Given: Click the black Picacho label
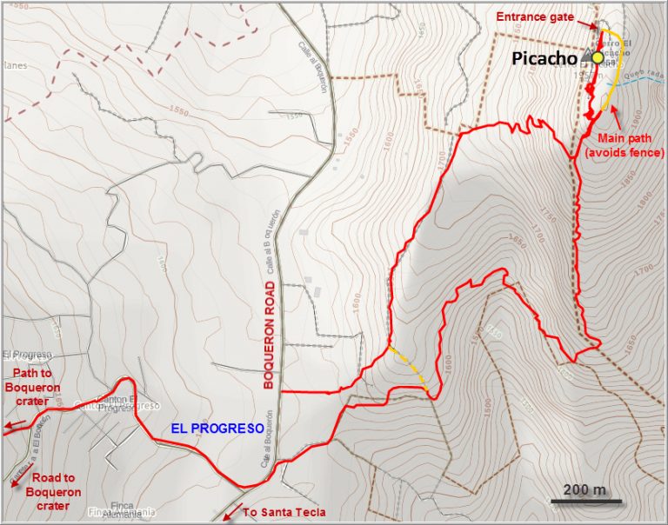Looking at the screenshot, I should point(544,59).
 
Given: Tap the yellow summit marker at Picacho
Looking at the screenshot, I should point(598,57).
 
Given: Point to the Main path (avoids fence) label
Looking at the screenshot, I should point(624,145).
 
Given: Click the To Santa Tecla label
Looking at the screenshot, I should point(284,513).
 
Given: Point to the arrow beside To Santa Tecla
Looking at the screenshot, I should point(230,515).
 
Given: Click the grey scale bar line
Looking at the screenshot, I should point(586,502).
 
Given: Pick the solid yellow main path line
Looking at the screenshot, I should point(616,70).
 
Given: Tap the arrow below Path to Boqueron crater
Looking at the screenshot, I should point(12,426).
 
